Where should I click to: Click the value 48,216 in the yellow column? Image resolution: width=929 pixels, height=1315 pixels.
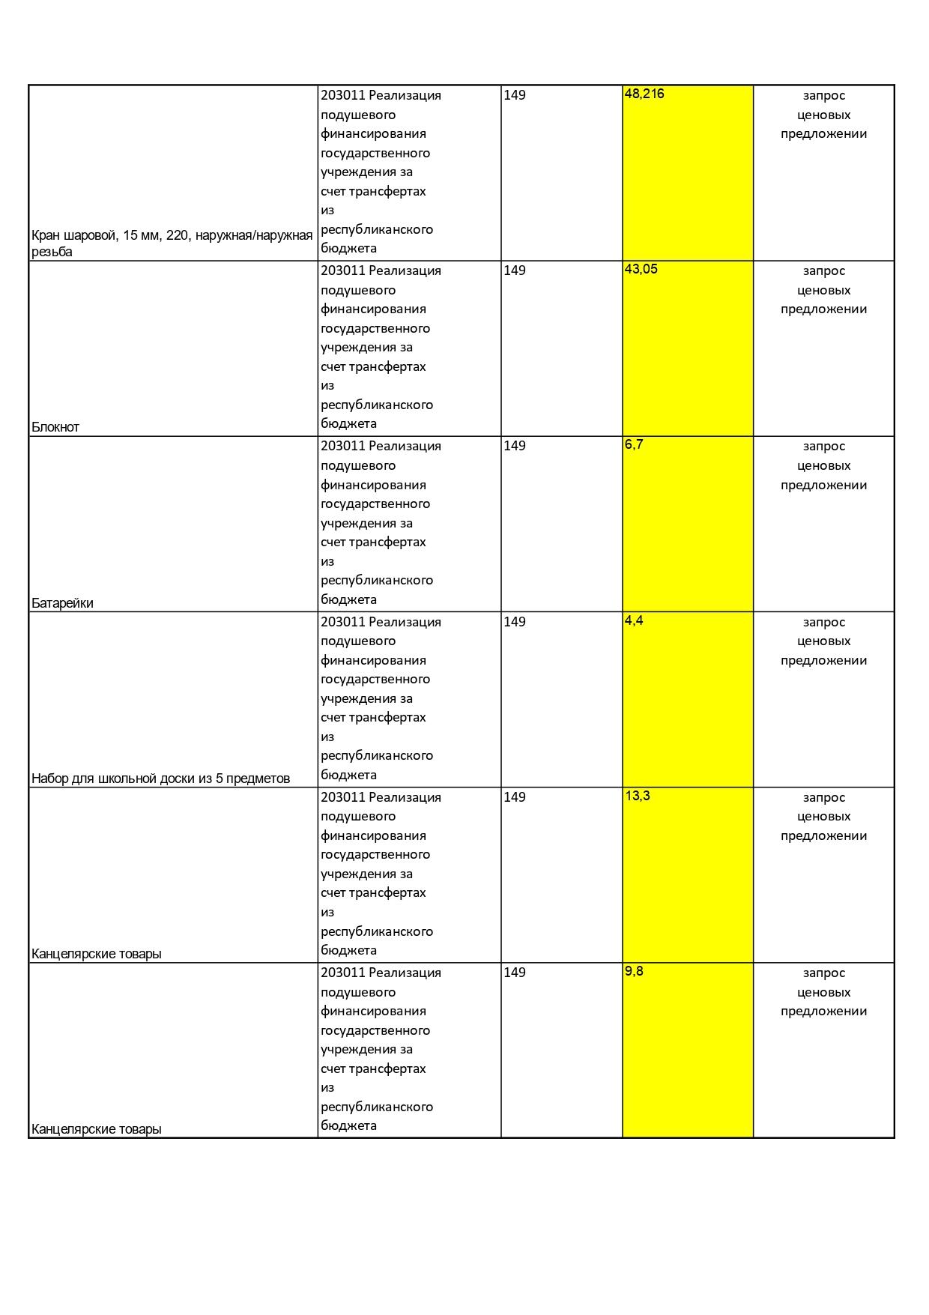pos(644,94)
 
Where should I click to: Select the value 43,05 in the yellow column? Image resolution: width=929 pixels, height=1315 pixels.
pos(641,269)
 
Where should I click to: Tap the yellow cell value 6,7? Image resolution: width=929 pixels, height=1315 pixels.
pos(634,444)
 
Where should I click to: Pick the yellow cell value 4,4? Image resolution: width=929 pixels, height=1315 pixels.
pos(634,620)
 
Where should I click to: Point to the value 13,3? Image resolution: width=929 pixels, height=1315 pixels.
pos(638,796)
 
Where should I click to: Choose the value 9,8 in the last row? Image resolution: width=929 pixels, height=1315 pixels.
pos(634,971)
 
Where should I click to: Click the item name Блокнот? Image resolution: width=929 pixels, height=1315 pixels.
pos(55,427)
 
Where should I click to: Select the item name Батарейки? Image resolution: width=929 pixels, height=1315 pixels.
pos(62,603)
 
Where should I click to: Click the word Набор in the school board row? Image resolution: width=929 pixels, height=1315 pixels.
pos(49,779)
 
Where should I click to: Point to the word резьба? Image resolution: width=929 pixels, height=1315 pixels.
pos(52,252)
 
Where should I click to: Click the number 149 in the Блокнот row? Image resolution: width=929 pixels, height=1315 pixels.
pos(515,270)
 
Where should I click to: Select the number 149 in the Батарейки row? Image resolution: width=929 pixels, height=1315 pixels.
pos(515,446)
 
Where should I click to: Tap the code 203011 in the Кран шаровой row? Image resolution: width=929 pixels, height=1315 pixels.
pos(342,95)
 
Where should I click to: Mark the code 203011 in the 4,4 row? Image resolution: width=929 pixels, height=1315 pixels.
pos(342,622)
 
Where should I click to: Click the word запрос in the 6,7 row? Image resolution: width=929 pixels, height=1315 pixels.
pos(823,447)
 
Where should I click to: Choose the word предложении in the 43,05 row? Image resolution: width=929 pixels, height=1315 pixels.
pos(823,309)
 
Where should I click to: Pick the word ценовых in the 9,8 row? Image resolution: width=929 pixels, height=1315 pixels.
pos(823,992)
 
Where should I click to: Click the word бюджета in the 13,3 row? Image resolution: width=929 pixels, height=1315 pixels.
pos(348,950)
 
